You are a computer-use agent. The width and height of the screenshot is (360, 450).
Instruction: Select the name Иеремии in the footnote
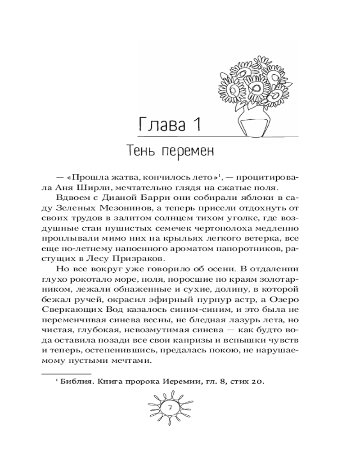[x=173, y=382]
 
